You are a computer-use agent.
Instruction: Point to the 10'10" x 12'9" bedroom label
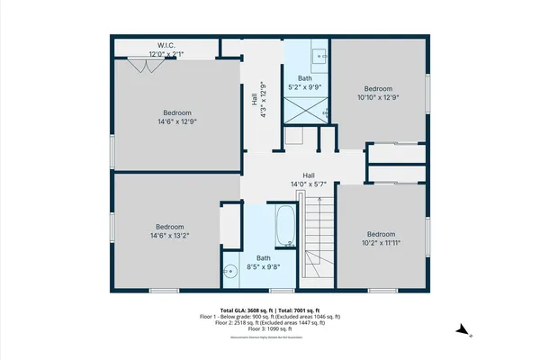[378, 94]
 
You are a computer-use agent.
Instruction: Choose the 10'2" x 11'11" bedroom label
[381, 238]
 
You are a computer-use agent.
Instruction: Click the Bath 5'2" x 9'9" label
[305, 83]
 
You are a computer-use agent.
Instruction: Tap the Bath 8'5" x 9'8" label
[263, 262]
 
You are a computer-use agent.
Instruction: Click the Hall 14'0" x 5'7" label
[309, 180]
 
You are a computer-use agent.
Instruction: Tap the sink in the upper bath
[320, 56]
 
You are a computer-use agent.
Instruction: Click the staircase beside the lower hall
[317, 238]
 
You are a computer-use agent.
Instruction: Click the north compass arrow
[462, 331]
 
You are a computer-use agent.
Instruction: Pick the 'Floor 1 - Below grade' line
[270, 316]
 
